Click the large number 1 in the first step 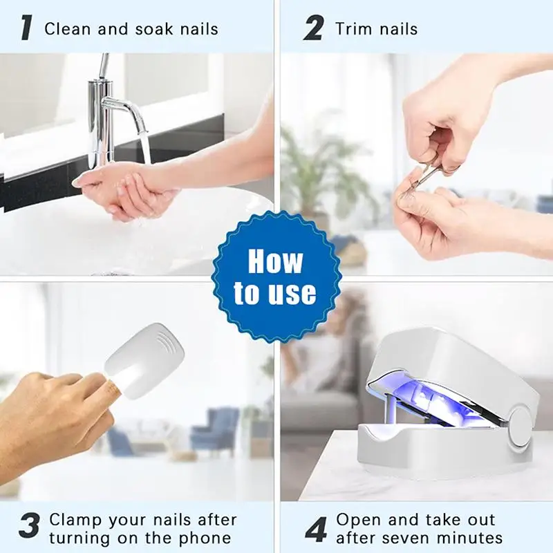coord(26,28)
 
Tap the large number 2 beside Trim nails coord(313,28)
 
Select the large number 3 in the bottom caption coord(29,526)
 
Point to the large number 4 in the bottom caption coord(316,529)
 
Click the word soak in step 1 coord(154,29)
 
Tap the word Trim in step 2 coord(350,28)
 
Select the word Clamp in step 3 coord(75,521)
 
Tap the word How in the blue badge coord(275,261)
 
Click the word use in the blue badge coord(294,293)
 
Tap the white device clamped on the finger coord(144,360)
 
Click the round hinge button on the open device coord(521,426)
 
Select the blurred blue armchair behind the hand coord(216,427)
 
